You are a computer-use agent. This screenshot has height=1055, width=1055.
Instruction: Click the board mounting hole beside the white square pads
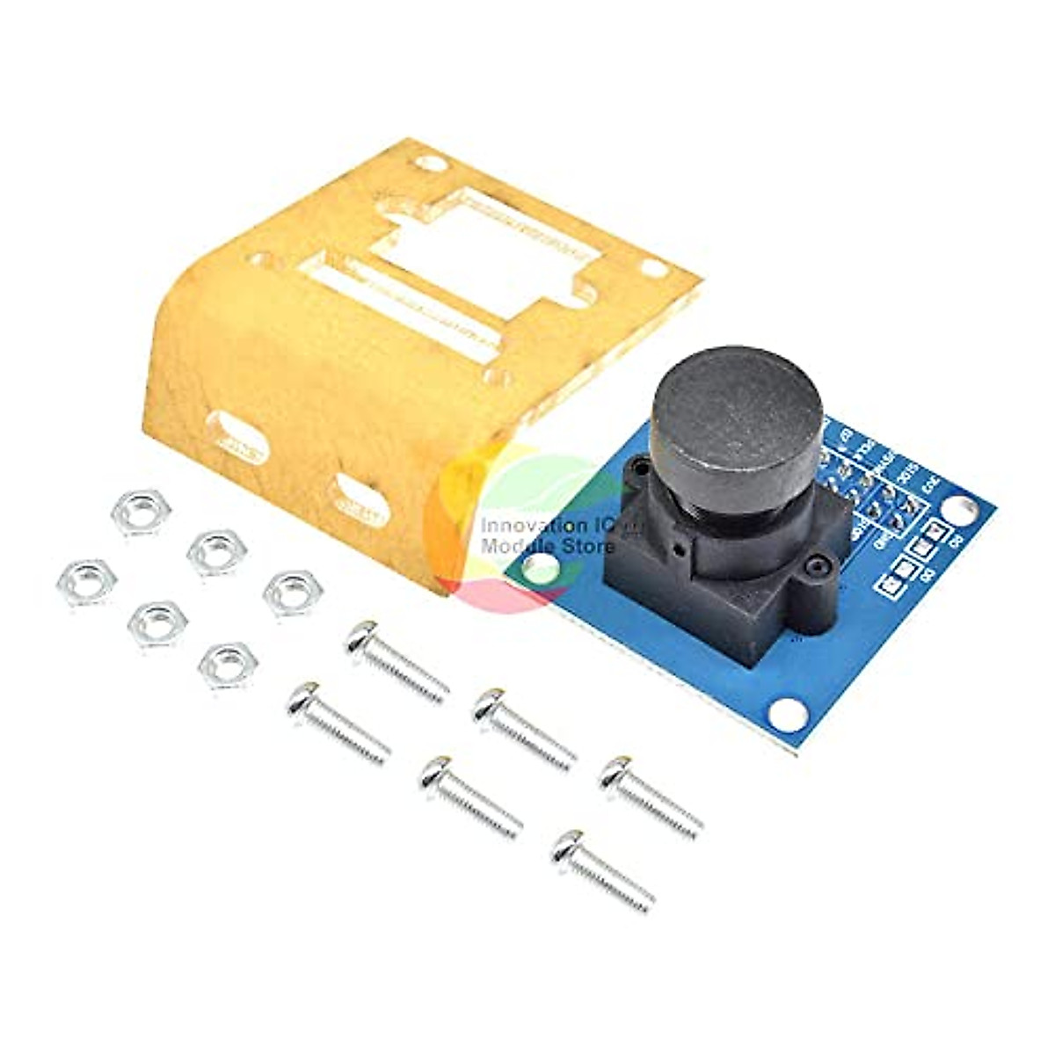962,508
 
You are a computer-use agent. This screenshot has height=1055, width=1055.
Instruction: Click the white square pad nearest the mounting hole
935,530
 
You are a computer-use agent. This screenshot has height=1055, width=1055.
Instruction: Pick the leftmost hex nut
85,581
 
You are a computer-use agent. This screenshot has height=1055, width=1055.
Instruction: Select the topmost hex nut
141,511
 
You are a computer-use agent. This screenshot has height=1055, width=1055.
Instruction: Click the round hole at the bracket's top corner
430,163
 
